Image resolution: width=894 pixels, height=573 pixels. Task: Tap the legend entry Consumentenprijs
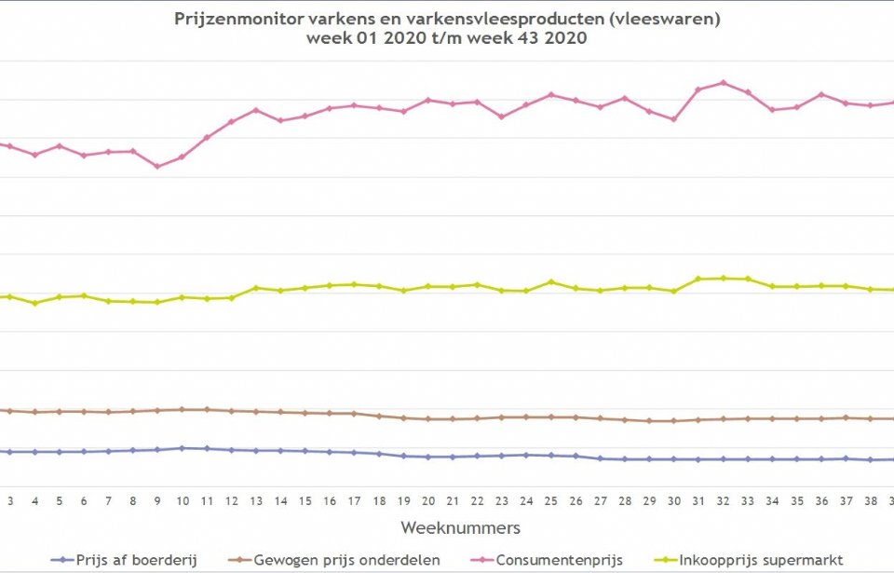(x=555, y=560)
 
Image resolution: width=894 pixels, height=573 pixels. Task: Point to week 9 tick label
(x=157, y=500)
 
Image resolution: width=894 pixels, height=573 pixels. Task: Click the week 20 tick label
(x=428, y=500)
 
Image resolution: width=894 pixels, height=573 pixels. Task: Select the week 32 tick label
(x=723, y=500)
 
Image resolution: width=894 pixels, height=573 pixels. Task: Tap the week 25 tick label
(x=551, y=500)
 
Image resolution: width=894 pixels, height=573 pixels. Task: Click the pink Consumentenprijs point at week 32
(x=723, y=83)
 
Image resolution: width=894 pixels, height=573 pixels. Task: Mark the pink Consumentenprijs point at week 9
(x=157, y=167)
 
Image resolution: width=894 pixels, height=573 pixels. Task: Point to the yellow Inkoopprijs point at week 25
(x=551, y=281)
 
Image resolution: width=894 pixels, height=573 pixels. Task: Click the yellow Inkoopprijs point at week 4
(x=35, y=303)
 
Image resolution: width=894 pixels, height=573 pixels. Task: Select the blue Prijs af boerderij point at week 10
(x=182, y=448)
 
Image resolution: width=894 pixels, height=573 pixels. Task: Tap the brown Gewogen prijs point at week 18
(x=379, y=416)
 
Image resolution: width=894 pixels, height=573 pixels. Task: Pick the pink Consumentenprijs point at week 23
(x=502, y=116)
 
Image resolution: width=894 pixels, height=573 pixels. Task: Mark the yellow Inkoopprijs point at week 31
(x=698, y=279)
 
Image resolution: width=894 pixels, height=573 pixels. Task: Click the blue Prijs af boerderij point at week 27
(x=601, y=458)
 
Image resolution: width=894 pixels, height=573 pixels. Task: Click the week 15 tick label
(x=305, y=500)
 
